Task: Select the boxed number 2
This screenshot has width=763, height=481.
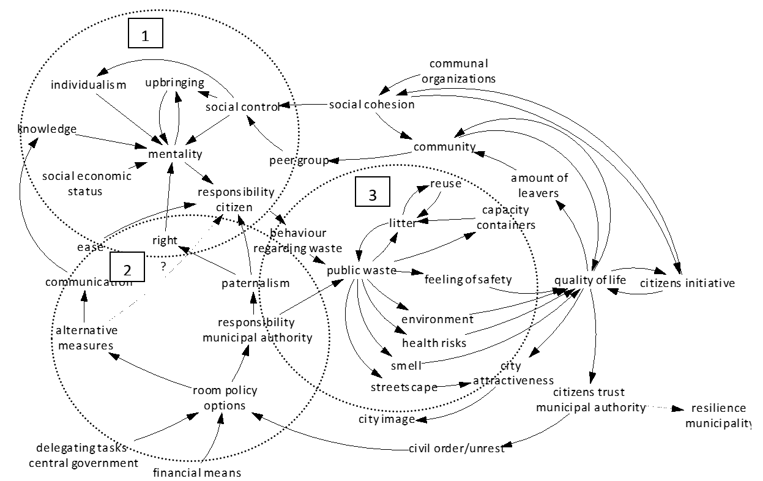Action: [127, 267]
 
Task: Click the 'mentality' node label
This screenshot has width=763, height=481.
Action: [175, 153]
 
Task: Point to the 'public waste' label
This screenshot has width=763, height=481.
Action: [361, 270]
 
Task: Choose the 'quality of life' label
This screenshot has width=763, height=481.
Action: [590, 280]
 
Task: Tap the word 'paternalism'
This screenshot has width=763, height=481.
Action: [255, 283]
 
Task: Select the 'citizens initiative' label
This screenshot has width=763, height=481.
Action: [687, 283]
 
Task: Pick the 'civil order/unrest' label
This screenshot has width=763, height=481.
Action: [456, 449]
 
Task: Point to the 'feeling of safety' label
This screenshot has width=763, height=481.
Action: [468, 280]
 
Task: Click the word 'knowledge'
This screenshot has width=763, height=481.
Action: [47, 129]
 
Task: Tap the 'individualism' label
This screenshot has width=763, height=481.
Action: [88, 84]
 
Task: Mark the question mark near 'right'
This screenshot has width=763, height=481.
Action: [163, 266]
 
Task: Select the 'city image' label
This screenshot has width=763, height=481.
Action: [387, 419]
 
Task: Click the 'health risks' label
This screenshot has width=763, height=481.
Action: [434, 343]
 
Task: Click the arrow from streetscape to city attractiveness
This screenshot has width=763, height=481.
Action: [456, 386]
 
